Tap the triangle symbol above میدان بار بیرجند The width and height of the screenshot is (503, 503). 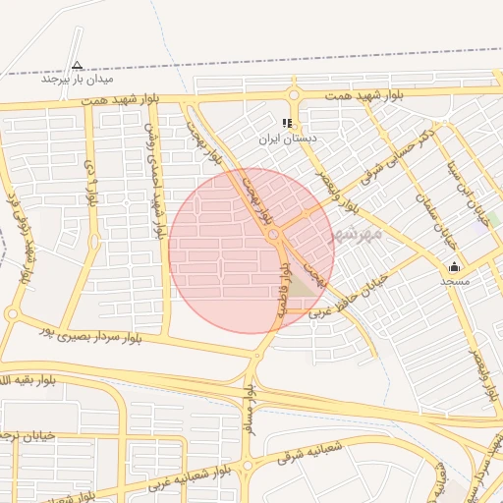pyautogui.click(x=78, y=65)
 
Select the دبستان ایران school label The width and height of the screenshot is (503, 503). pyautogui.click(x=287, y=139)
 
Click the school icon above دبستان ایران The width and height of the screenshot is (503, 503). pyautogui.click(x=287, y=123)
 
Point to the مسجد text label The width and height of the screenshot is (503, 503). pyautogui.click(x=455, y=281)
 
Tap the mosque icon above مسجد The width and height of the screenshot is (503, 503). pyautogui.click(x=454, y=266)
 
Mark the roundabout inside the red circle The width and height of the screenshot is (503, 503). pyautogui.click(x=274, y=235)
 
